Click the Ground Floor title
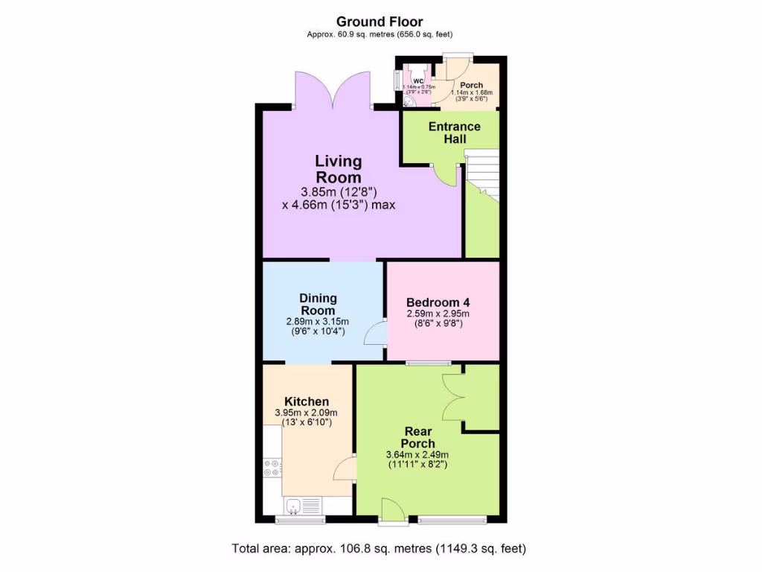(x=380, y=22)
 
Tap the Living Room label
(x=339, y=169)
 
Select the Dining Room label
(x=318, y=305)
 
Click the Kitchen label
(x=306, y=401)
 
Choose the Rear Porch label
(x=419, y=437)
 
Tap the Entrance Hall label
(x=454, y=133)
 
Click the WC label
(x=418, y=81)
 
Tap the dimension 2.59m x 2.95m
(x=438, y=315)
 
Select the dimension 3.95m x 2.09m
(x=306, y=413)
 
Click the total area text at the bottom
(x=380, y=550)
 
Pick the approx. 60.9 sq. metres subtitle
(x=380, y=34)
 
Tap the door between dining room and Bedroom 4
(x=376, y=332)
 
